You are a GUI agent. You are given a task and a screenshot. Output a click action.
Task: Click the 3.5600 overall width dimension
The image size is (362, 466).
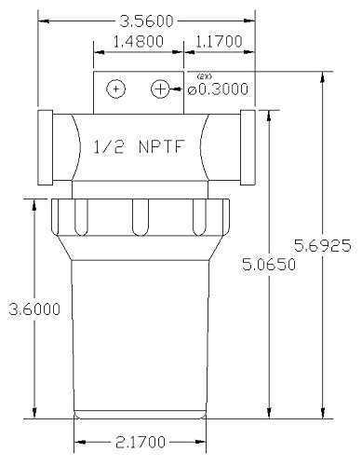point(146,21)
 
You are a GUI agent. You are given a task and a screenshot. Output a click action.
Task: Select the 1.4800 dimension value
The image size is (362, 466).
point(138,42)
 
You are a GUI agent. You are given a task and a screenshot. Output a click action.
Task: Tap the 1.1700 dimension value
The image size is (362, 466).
point(219,41)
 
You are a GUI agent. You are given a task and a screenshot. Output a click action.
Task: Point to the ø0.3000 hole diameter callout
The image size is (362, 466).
point(218,89)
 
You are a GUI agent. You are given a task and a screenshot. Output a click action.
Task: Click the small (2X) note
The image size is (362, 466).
point(205,77)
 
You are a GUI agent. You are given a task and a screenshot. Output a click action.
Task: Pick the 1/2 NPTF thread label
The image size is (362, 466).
point(140,146)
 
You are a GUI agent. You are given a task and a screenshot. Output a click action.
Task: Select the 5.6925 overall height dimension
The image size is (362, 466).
point(323,246)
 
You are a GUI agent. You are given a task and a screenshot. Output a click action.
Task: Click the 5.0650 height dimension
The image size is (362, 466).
point(269,265)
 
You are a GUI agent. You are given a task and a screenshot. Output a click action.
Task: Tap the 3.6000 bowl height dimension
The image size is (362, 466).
point(34,309)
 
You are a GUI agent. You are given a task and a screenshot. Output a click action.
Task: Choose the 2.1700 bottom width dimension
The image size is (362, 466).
point(141,442)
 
